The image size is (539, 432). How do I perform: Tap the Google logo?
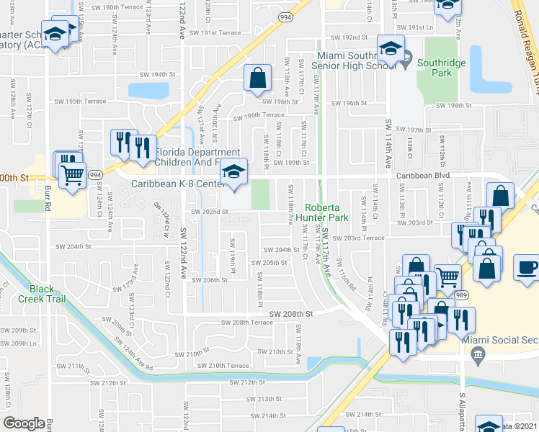(x=24, y=423)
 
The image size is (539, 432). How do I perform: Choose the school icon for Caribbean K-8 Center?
(x=233, y=172)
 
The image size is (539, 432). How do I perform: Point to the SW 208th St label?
(x=291, y=314)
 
